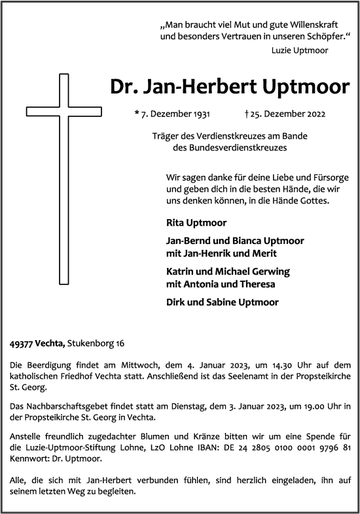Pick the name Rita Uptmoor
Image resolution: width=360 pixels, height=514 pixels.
190,222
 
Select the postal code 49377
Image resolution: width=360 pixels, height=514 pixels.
22,343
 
